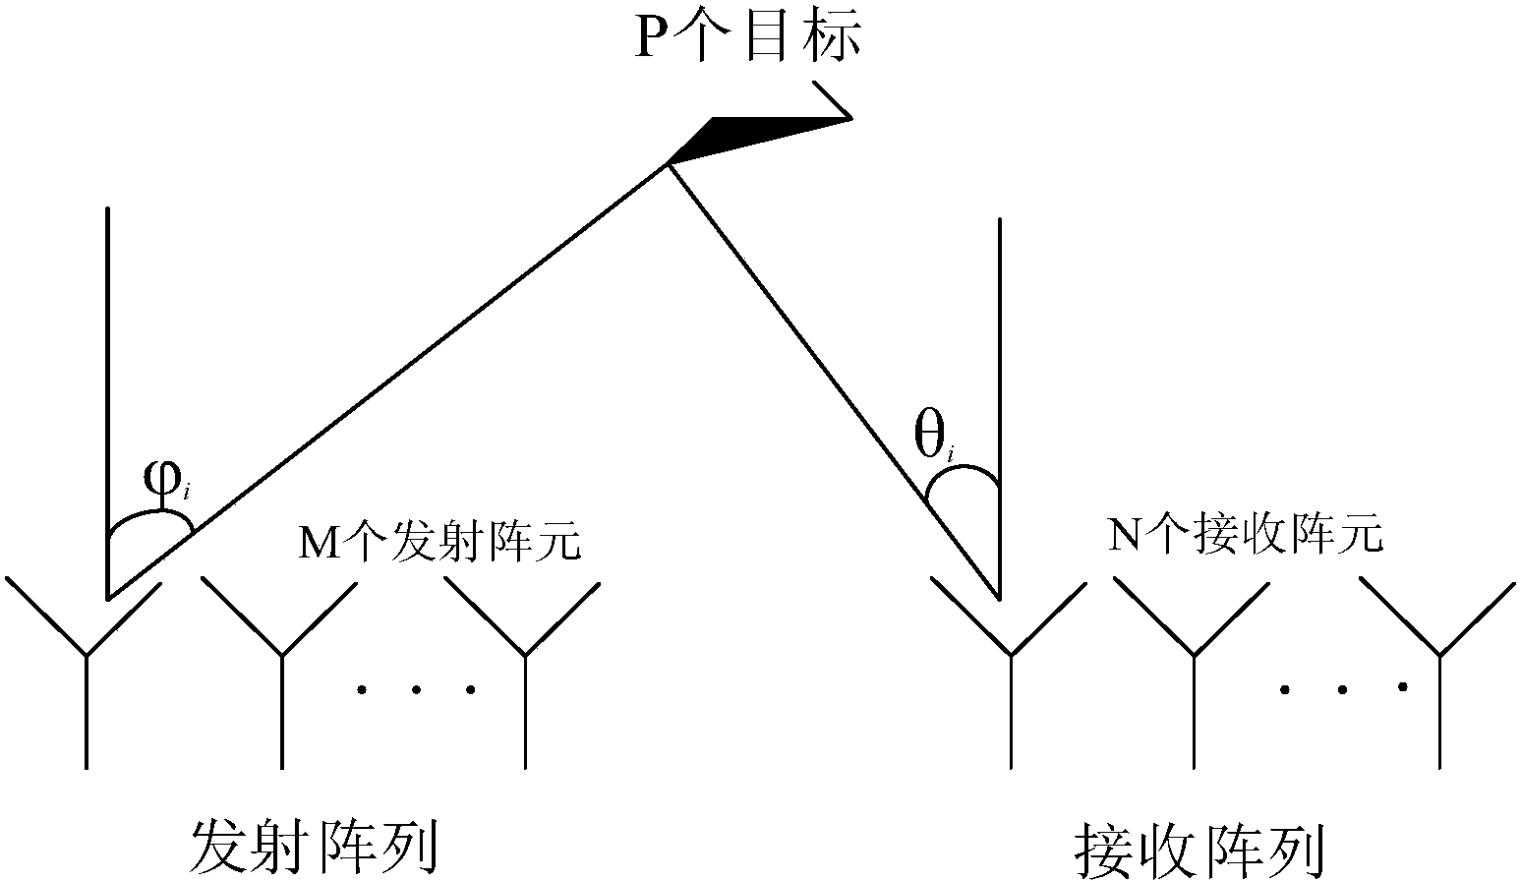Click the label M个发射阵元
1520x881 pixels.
coord(439,542)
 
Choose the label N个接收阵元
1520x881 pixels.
coord(1245,533)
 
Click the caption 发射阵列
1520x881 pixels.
coord(315,850)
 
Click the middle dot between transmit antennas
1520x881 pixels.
coord(416,690)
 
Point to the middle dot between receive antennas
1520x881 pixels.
coord(1342,690)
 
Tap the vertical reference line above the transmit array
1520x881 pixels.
coord(108,403)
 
